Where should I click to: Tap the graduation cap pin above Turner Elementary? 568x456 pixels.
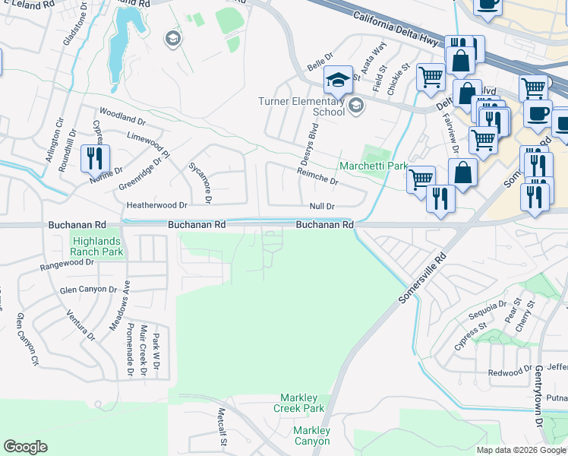(x=339, y=80)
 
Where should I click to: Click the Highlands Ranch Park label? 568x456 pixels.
(x=96, y=245)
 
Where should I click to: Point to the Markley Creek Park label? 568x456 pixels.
(x=302, y=403)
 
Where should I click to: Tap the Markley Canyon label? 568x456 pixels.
(x=312, y=435)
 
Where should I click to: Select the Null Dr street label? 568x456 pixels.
(x=322, y=207)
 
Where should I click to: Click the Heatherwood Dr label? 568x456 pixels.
(x=156, y=205)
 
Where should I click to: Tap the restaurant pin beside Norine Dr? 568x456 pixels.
(x=95, y=158)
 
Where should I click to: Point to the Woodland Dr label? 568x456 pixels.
(x=121, y=120)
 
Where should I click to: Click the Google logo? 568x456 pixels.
(x=25, y=447)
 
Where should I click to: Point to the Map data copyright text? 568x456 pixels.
(x=522, y=450)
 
